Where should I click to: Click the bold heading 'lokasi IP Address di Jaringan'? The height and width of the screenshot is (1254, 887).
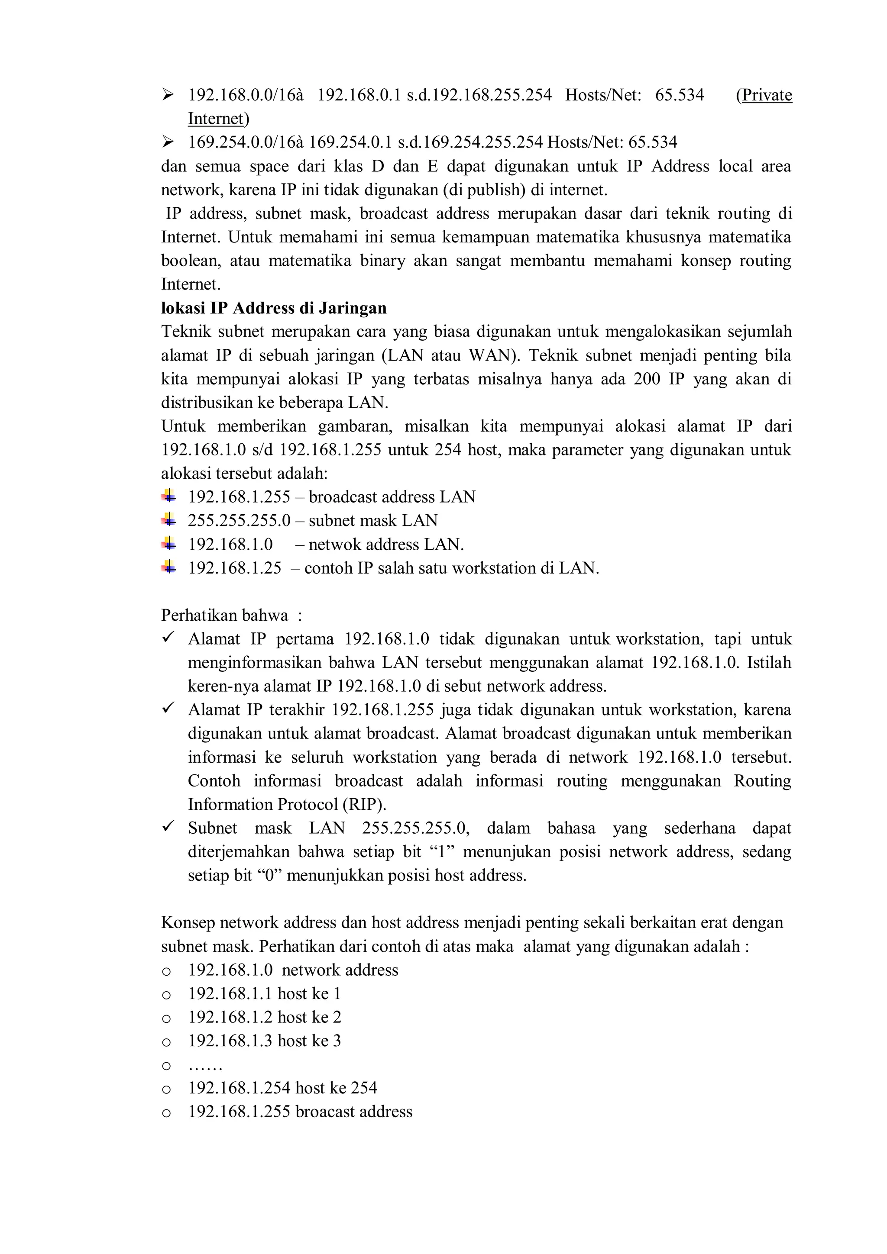(273, 308)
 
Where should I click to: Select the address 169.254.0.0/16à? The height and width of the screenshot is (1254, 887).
(246, 142)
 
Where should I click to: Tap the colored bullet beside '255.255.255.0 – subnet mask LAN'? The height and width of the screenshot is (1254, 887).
(169, 519)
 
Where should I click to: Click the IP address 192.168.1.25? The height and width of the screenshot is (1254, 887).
(234, 568)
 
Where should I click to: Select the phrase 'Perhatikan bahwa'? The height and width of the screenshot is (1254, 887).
(224, 615)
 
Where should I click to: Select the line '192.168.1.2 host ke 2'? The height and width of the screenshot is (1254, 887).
(265, 1017)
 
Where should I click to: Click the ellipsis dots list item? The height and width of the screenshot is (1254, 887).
(205, 1064)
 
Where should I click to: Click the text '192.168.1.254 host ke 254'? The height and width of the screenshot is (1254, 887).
(282, 1088)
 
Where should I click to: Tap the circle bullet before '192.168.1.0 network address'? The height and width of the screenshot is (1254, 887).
(167, 971)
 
